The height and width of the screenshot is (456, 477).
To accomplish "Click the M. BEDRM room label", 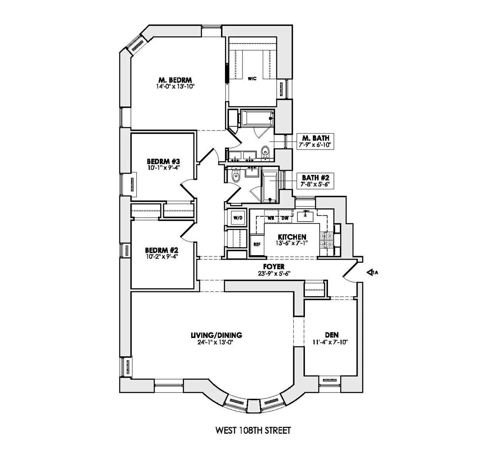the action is (x=175, y=80).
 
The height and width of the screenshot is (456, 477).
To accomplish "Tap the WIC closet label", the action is (x=252, y=79).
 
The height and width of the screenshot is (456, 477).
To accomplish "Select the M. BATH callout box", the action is (x=316, y=141).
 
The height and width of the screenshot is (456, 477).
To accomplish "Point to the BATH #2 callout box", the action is (x=316, y=180).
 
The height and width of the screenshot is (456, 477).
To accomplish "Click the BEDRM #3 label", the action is (x=163, y=161).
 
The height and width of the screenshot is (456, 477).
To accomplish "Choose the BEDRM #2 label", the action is (x=161, y=250).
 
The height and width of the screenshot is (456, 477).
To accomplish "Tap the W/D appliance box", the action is (x=238, y=217).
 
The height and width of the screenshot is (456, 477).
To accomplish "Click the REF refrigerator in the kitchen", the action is (x=257, y=244).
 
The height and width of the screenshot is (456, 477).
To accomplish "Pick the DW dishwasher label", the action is (x=285, y=218).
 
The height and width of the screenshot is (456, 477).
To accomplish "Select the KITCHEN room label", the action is (x=292, y=237).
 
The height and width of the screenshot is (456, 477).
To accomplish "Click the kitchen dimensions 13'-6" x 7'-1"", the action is (x=291, y=243).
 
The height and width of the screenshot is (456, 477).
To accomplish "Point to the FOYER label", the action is (x=274, y=266).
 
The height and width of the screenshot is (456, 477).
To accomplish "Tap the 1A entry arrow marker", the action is (x=372, y=272).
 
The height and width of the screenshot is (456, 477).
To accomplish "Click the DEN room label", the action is (x=332, y=335).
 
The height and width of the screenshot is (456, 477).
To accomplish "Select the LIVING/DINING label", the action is (x=217, y=335).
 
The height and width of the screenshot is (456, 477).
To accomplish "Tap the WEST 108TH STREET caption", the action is (x=253, y=430).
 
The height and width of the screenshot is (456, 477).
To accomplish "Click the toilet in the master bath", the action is (x=265, y=152).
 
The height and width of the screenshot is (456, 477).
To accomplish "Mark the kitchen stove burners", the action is (x=327, y=240).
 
